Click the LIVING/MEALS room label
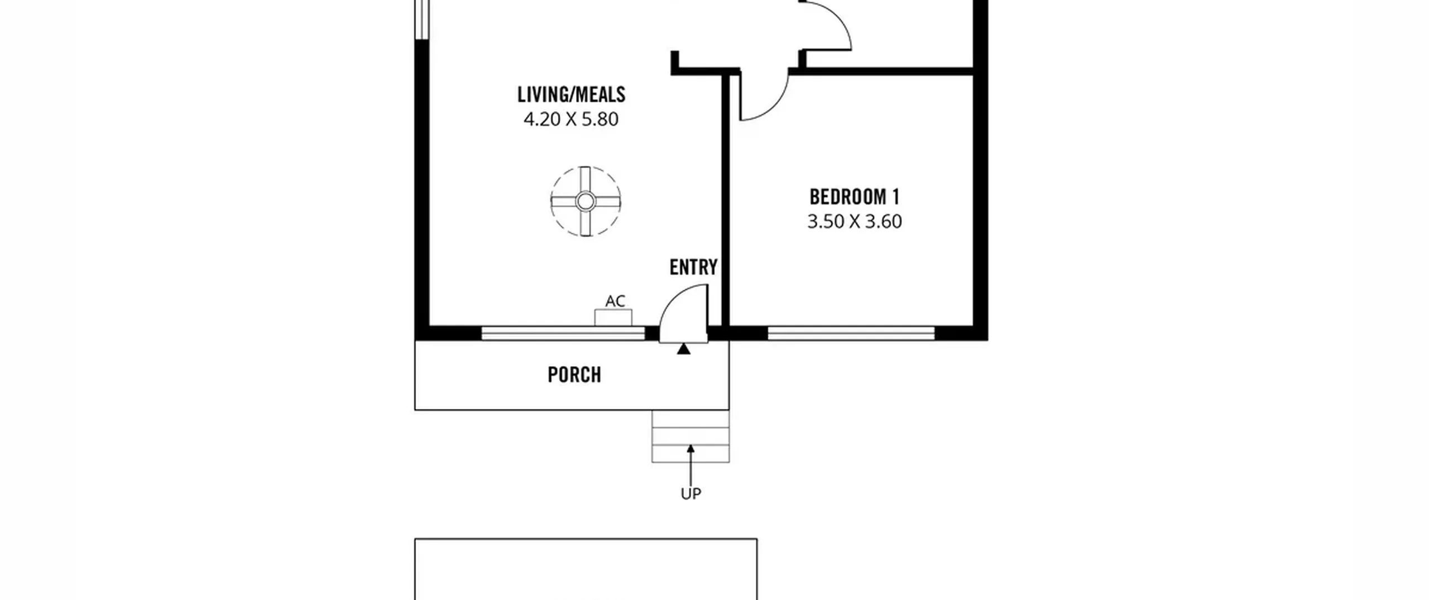point(571,95)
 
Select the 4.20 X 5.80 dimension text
point(571,119)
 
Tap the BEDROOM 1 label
point(855,197)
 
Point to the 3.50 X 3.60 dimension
point(855,222)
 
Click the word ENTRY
point(693,267)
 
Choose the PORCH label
point(574,375)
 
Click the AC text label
point(615,301)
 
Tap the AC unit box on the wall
point(613,318)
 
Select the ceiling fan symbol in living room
point(585,201)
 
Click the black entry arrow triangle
point(683,349)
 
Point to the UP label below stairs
point(690,494)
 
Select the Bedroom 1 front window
point(851,334)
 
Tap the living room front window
point(563,334)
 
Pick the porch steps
point(690,436)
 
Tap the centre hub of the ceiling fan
point(585,201)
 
